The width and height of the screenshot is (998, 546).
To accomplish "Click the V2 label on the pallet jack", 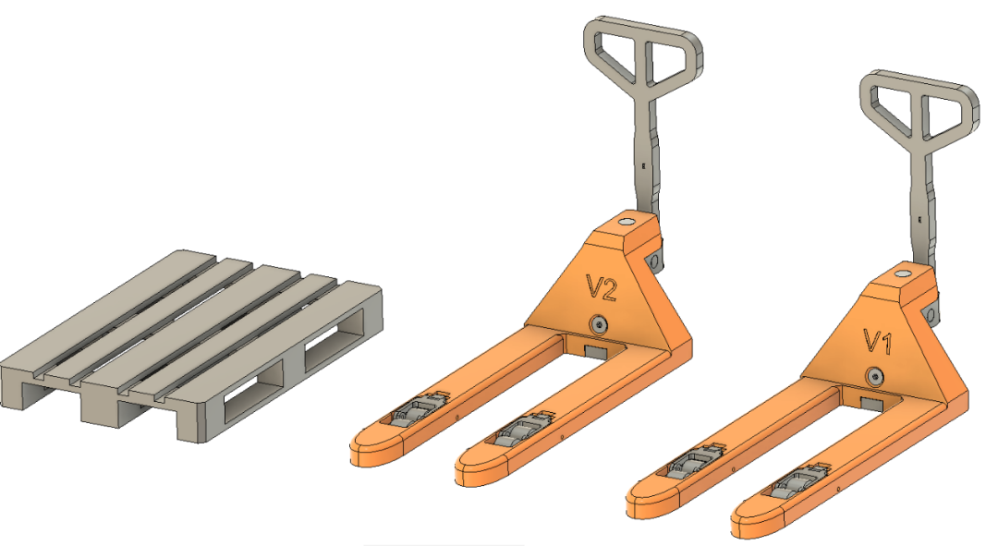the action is click(602, 287).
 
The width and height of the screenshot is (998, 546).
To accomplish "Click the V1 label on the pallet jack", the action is click(878, 342).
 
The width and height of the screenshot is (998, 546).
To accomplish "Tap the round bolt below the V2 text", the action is click(598, 324).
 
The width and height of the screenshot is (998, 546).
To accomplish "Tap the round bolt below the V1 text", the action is click(875, 377).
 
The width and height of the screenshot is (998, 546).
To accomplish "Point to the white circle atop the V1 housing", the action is click(902, 274).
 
